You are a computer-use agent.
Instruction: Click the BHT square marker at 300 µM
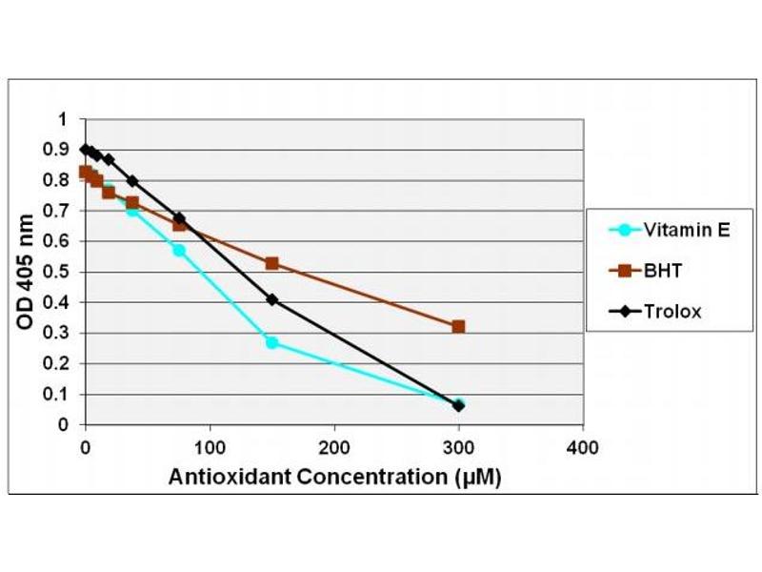[458, 326]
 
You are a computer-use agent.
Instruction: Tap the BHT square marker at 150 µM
[271, 263]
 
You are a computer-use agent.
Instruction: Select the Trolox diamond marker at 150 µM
[271, 299]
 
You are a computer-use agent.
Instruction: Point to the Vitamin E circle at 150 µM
[271, 342]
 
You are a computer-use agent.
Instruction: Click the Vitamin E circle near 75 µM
[178, 251]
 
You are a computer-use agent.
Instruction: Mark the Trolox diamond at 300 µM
[458, 405]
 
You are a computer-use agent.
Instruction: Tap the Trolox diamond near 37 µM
[131, 181]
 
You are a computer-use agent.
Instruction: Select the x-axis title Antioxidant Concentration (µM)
[334, 477]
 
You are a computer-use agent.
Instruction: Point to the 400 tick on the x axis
[583, 445]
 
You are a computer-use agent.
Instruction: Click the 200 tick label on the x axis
[334, 445]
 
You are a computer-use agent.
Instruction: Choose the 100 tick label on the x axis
[210, 445]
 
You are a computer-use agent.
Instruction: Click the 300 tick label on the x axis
[458, 445]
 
